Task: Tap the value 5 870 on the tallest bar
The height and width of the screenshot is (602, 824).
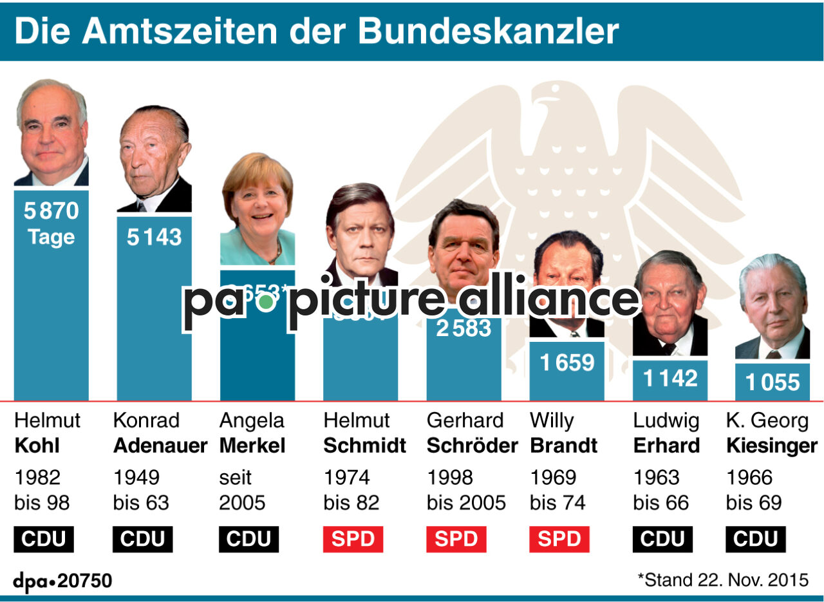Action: [x=51, y=211]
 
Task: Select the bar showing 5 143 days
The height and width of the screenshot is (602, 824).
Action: [x=154, y=309]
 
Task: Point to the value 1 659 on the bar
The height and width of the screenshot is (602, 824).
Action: [x=566, y=363]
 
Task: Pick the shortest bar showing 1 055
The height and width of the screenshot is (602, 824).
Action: [x=772, y=382]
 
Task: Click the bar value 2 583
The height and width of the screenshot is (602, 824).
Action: [x=464, y=328]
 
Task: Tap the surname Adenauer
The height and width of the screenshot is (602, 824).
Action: [x=160, y=446]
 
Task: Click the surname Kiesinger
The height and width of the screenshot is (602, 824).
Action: [x=772, y=446]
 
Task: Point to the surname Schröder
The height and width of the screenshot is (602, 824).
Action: [x=472, y=446]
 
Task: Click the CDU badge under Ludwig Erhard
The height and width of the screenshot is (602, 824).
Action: [x=662, y=539]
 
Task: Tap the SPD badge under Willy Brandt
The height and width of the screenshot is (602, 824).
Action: [x=559, y=539]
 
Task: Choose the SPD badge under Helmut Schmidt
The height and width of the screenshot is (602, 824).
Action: [x=353, y=539]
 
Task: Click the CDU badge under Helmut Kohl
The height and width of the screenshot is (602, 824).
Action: [x=44, y=539]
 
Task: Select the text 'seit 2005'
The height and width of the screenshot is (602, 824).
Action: [x=242, y=490]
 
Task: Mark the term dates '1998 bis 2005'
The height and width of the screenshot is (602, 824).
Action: [x=466, y=490]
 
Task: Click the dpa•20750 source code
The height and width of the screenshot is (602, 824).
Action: [x=62, y=581]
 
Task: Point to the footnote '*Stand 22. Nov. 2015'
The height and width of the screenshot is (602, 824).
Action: [x=722, y=579]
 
